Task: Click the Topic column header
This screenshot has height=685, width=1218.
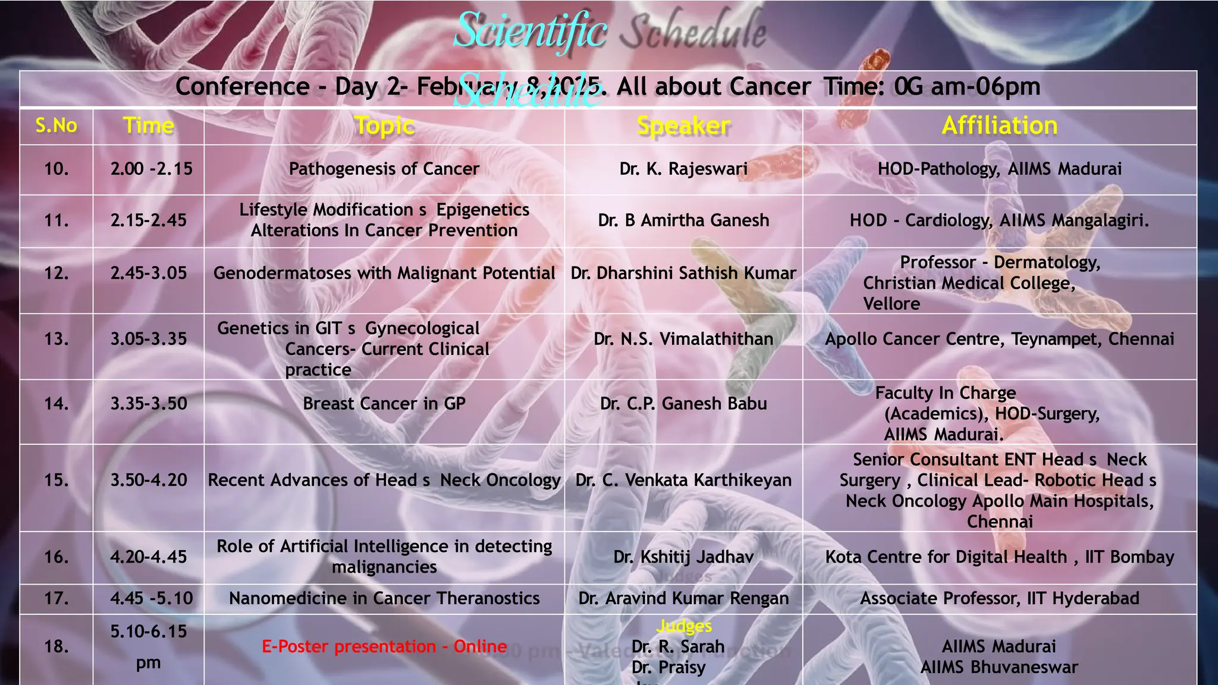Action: click(384, 126)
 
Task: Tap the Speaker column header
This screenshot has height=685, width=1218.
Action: click(683, 126)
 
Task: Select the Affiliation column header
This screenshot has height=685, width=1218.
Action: click(1000, 125)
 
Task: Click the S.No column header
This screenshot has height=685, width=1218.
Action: click(56, 126)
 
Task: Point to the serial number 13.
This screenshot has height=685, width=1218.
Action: click(56, 339)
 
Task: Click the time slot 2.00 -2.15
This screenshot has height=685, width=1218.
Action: click(151, 169)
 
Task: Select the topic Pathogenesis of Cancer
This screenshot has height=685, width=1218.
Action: click(384, 169)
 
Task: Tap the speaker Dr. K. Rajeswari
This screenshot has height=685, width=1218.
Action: click(683, 169)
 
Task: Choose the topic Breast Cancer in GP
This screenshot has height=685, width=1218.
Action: click(384, 404)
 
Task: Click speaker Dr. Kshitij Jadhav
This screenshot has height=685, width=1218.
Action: click(683, 557)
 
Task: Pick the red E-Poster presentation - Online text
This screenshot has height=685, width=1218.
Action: click(384, 646)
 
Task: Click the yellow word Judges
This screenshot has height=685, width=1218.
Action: click(684, 626)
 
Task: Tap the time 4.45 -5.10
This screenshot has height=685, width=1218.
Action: click(151, 598)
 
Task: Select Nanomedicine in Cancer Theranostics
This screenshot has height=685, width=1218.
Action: click(384, 598)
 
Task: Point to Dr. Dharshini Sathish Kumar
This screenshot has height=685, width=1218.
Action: click(683, 274)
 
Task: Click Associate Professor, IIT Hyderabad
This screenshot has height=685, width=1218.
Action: click(1000, 598)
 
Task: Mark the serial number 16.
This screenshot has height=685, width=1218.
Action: click(56, 557)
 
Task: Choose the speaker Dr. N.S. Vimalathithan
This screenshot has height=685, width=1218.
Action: click(683, 339)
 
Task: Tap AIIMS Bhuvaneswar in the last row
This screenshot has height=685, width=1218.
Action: click(999, 667)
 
